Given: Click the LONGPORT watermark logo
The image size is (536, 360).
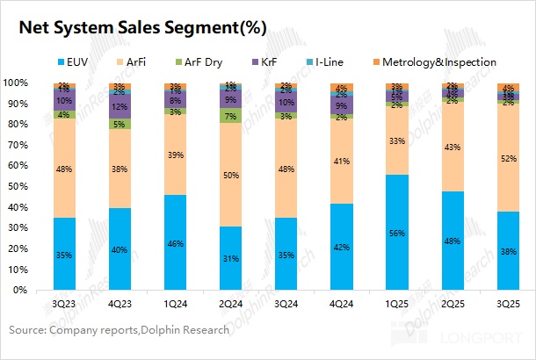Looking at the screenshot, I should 482,335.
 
